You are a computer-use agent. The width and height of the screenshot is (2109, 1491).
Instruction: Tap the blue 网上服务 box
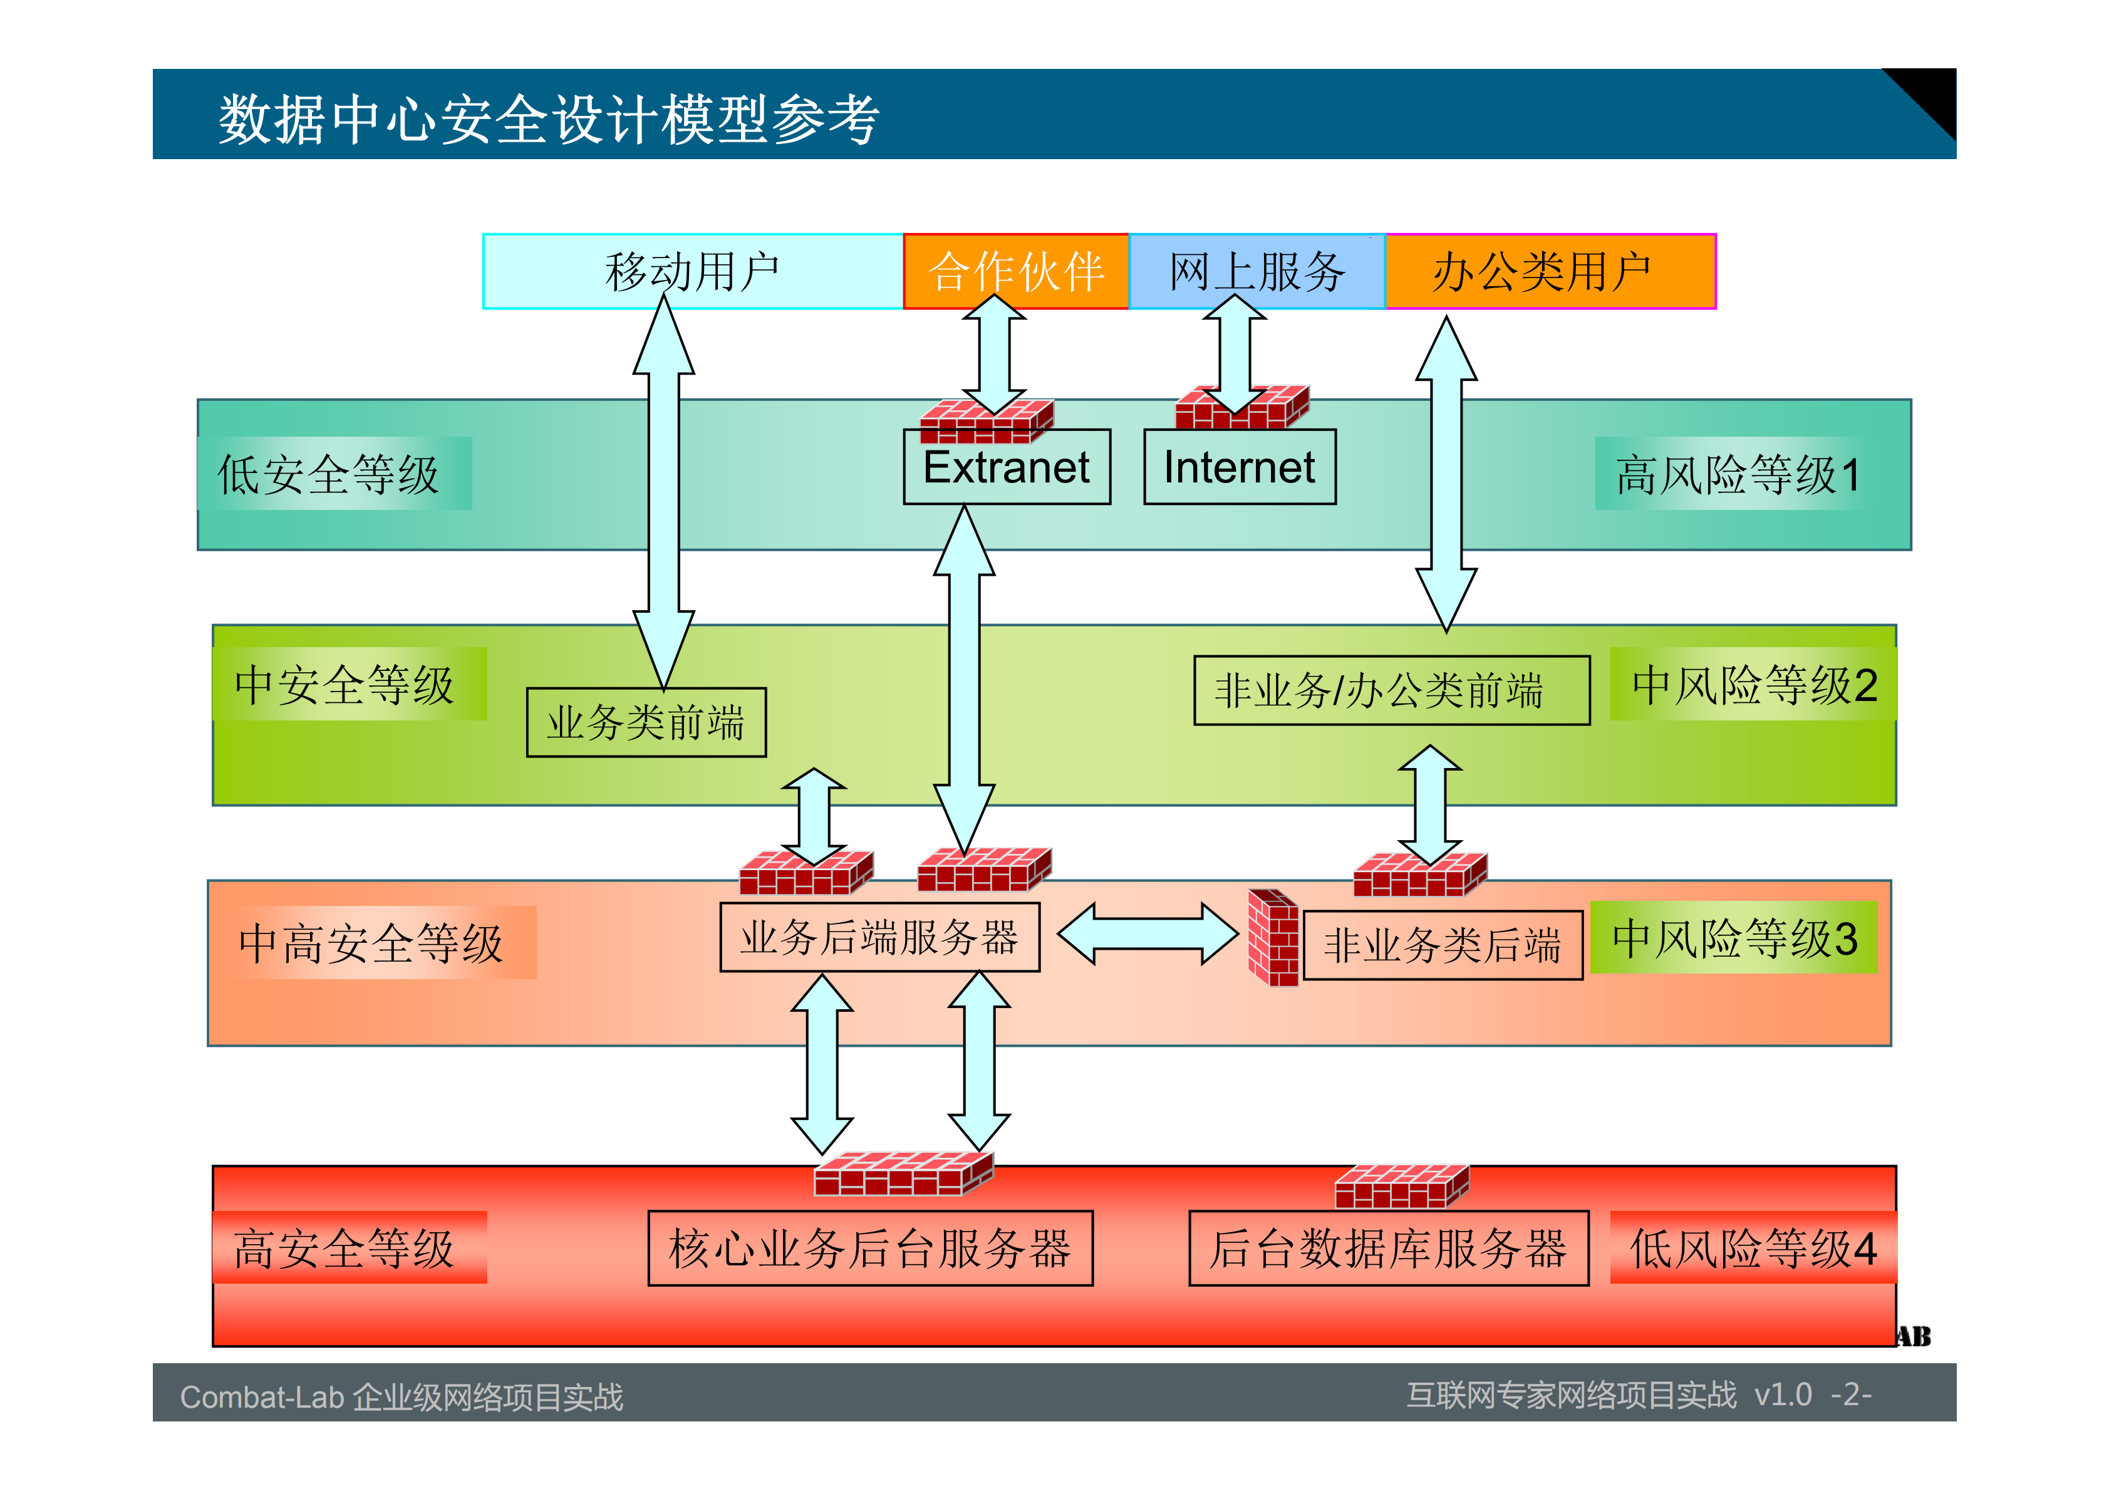(x=1256, y=271)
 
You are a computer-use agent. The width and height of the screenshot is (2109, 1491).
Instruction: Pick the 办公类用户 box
(x=1550, y=271)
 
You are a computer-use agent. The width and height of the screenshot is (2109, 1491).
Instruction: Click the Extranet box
(x=1007, y=467)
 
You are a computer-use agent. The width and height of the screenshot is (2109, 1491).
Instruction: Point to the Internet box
(x=1239, y=467)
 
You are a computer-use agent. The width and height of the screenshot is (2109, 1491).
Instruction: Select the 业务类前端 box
(x=646, y=722)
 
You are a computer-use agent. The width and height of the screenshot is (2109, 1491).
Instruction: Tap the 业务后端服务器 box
(x=879, y=937)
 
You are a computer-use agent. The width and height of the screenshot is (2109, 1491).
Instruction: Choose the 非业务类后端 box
(x=1442, y=944)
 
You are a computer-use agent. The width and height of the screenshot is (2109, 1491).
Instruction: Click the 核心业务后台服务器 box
(x=870, y=1247)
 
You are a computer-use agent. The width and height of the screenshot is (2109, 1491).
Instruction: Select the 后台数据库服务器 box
(x=1388, y=1247)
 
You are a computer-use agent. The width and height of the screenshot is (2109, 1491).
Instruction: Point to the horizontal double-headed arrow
(x=1148, y=933)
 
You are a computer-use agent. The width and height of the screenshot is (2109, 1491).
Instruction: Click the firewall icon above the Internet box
(x=1242, y=408)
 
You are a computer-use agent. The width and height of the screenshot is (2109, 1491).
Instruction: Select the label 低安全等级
(x=329, y=474)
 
